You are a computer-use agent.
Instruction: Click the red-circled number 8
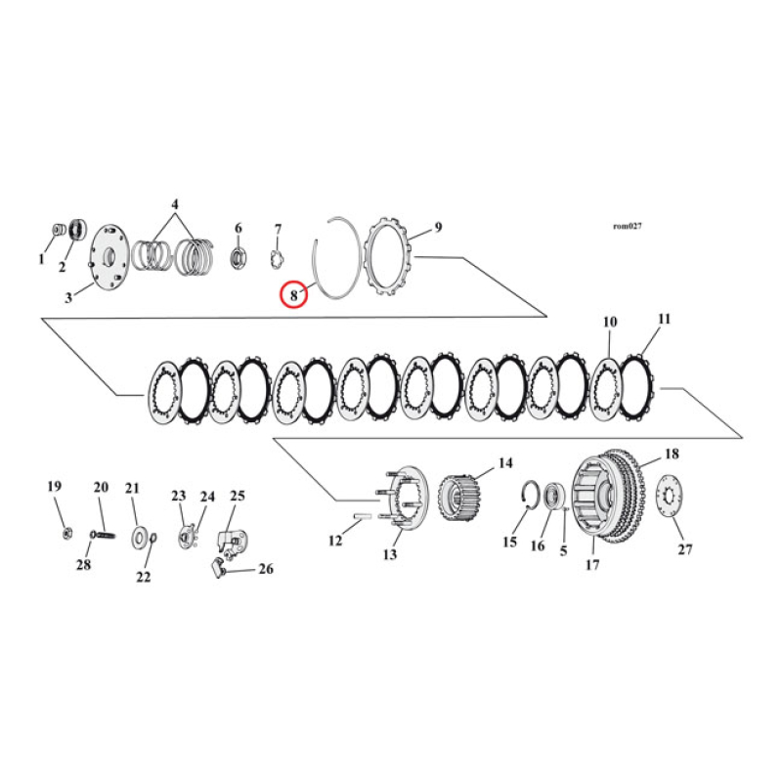pyautogui.click(x=293, y=293)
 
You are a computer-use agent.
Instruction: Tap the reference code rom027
pyautogui.click(x=627, y=225)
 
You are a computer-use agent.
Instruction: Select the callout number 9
pyautogui.click(x=438, y=228)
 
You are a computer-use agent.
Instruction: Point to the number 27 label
pyautogui.click(x=684, y=549)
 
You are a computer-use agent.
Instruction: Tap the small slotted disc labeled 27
pyautogui.click(x=670, y=498)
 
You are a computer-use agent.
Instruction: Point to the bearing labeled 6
pyautogui.click(x=238, y=259)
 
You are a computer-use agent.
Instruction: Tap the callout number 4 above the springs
pyautogui.click(x=175, y=205)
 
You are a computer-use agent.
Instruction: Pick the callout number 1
pyautogui.click(x=42, y=260)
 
